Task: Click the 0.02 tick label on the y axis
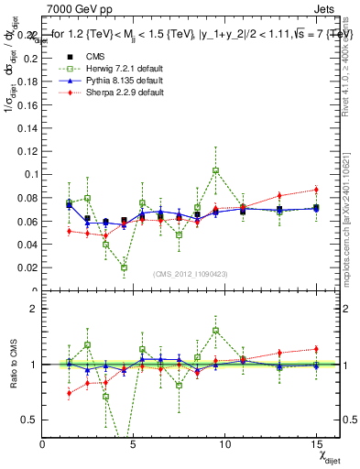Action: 28,268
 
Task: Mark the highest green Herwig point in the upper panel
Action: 216,170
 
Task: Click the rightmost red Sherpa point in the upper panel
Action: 316,190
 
